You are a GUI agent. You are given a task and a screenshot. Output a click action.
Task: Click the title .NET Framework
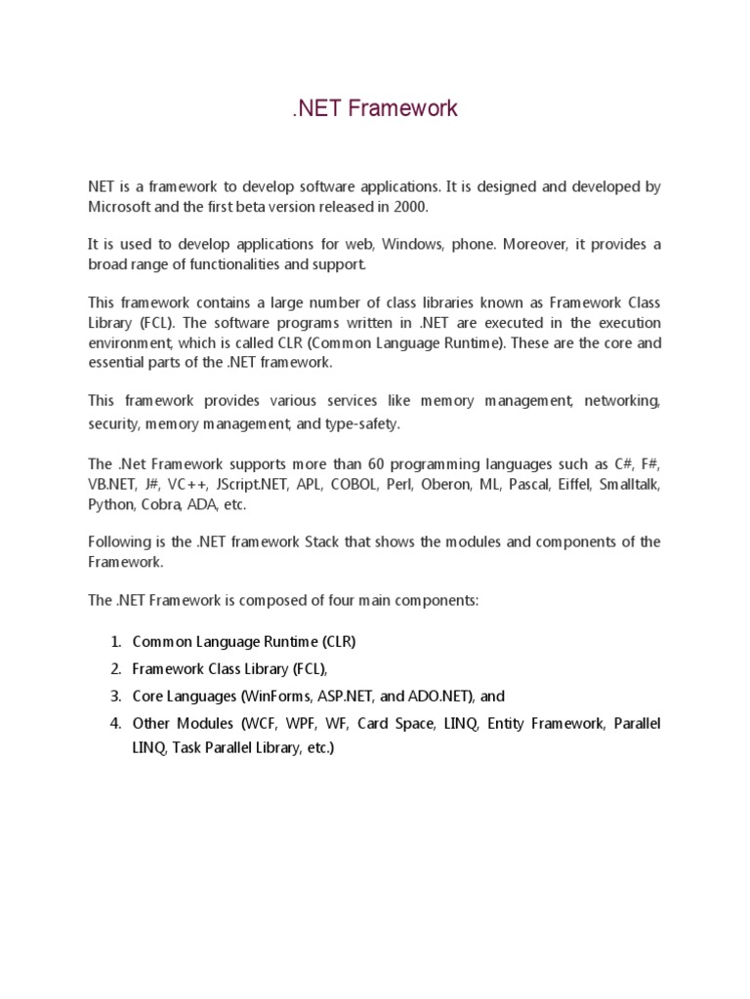pyautogui.click(x=375, y=109)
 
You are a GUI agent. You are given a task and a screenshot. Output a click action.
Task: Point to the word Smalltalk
pyautogui.click(x=629, y=484)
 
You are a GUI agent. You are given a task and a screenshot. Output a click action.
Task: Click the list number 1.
pyautogui.click(x=114, y=642)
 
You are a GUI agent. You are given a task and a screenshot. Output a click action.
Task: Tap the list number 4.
pyautogui.click(x=114, y=724)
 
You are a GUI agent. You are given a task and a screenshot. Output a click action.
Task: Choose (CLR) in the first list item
pyautogui.click(x=338, y=642)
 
